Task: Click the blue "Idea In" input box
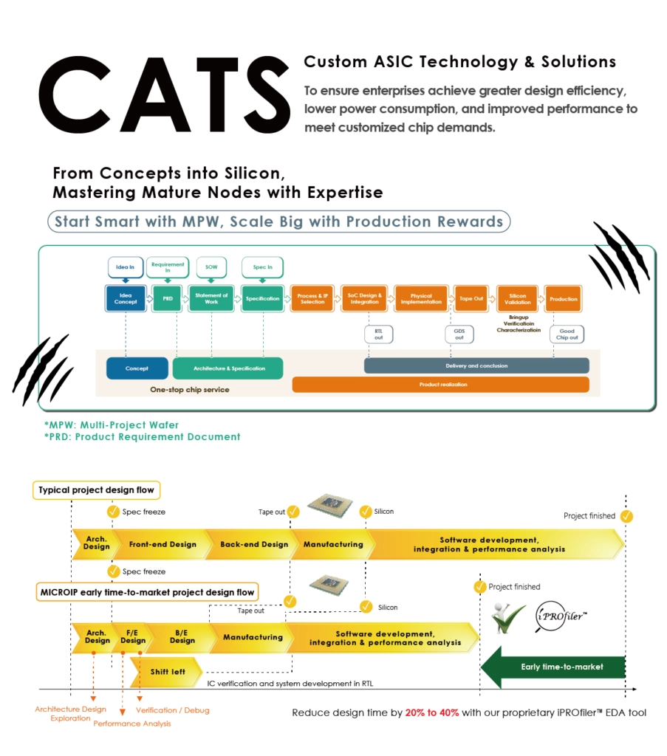coord(126,267)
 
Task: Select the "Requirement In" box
coord(167,267)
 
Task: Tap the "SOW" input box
coord(211,267)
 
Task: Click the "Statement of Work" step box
coord(211,298)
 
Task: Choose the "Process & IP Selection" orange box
coord(312,298)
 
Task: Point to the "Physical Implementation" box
coord(421,298)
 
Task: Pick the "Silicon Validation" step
coord(517,298)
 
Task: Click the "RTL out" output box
coord(378,334)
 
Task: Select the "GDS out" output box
coord(459,334)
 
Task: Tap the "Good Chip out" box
coord(567,334)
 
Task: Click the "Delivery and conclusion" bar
coord(476,365)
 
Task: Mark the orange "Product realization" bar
coord(440,385)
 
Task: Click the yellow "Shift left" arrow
coord(168,672)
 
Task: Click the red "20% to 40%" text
coord(432,712)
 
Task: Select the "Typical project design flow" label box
coord(97,489)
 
